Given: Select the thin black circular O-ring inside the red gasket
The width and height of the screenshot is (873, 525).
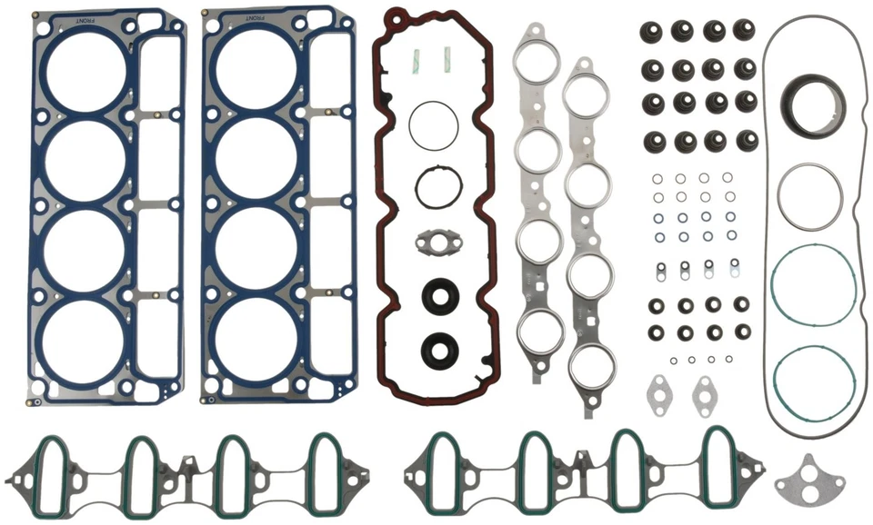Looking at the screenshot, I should click(x=439, y=125).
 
